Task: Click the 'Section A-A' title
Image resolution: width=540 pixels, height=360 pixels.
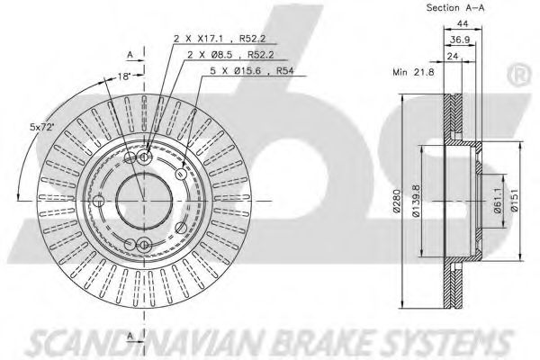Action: (455, 7)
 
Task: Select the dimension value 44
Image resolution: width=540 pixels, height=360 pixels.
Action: (463, 23)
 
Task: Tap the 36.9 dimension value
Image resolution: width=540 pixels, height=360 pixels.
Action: (460, 40)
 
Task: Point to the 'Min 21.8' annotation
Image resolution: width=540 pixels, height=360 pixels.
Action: (413, 72)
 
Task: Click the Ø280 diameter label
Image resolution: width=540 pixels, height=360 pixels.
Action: (397, 202)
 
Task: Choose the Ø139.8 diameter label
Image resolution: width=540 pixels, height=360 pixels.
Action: (417, 201)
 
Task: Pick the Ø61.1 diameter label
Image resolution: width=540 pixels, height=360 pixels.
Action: (499, 200)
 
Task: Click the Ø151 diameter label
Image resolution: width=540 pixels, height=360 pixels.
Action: (515, 200)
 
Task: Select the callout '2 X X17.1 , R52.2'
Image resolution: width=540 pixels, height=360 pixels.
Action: (220, 38)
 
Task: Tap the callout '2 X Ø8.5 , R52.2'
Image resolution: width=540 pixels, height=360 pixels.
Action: (230, 54)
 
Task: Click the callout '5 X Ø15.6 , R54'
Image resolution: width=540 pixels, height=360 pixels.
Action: (252, 71)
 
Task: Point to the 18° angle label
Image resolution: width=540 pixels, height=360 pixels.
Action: (124, 76)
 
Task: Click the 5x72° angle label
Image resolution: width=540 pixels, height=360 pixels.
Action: (42, 127)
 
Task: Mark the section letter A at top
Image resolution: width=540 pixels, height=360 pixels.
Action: (130, 54)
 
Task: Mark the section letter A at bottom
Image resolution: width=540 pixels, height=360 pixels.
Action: (130, 336)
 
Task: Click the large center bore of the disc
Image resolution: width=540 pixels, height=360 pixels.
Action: (144, 201)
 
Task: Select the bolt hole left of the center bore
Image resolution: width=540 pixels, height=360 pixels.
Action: (98, 201)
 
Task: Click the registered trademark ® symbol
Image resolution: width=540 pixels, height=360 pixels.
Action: (519, 76)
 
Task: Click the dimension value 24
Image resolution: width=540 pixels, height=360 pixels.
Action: (453, 56)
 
